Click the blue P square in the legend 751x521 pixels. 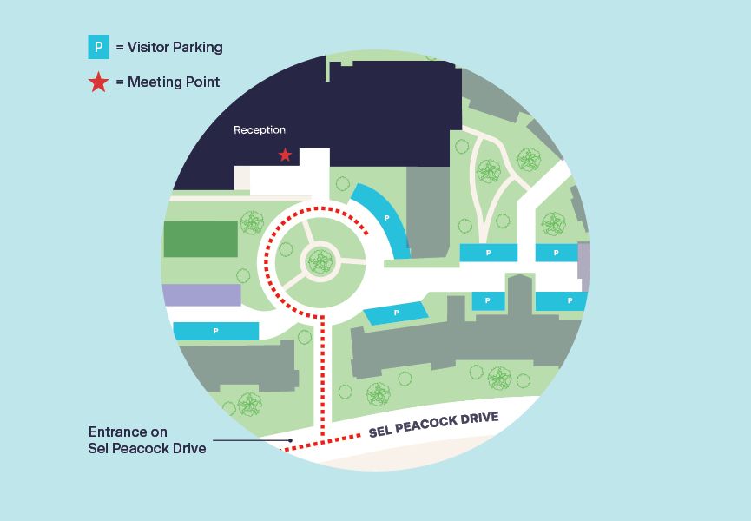(x=98, y=47)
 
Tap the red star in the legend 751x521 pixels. (x=98, y=82)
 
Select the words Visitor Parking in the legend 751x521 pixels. (x=175, y=47)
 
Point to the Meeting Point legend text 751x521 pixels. (x=174, y=82)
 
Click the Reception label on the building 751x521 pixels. (x=260, y=130)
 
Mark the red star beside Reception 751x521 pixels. (x=285, y=155)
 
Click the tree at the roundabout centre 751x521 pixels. (x=320, y=260)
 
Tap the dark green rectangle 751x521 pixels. (x=201, y=239)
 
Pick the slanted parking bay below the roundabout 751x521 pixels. (x=397, y=313)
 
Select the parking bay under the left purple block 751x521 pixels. (x=216, y=331)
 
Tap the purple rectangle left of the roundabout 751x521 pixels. (x=201, y=295)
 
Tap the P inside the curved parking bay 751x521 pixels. (x=387, y=218)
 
